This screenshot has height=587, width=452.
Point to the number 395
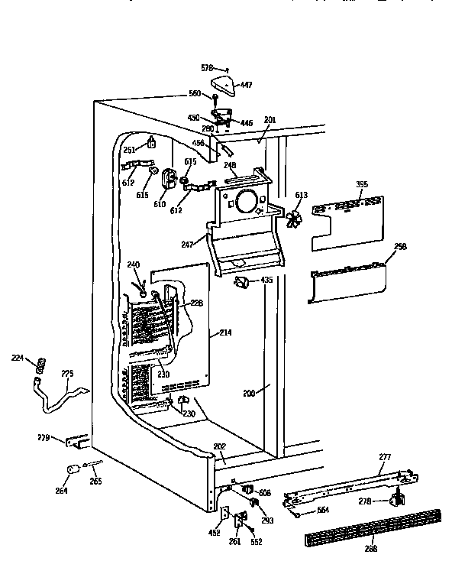click(x=363, y=184)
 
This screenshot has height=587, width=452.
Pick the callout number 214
click(x=224, y=332)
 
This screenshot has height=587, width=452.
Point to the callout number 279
click(x=44, y=438)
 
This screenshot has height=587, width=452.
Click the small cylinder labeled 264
click(x=71, y=470)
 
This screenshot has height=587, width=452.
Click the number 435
click(x=266, y=281)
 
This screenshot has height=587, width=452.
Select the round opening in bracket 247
click(x=247, y=202)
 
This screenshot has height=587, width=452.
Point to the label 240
click(x=134, y=265)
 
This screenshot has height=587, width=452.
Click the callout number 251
click(x=129, y=150)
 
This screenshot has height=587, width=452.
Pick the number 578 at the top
click(x=208, y=68)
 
